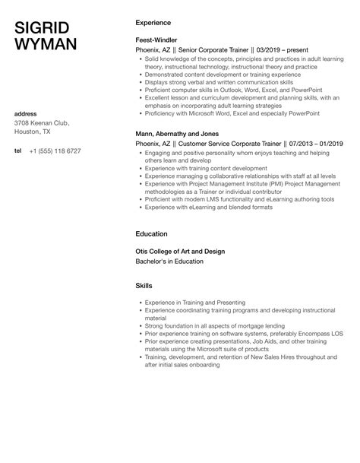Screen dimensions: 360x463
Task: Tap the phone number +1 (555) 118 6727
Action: (55, 151)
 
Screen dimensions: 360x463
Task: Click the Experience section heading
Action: (153, 23)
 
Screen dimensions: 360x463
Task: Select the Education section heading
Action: (151, 234)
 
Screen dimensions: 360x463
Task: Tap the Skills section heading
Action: (144, 286)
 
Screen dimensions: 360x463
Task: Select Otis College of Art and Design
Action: (181, 252)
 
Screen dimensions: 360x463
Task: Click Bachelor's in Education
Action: (169, 262)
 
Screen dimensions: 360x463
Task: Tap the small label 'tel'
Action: (18, 151)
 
